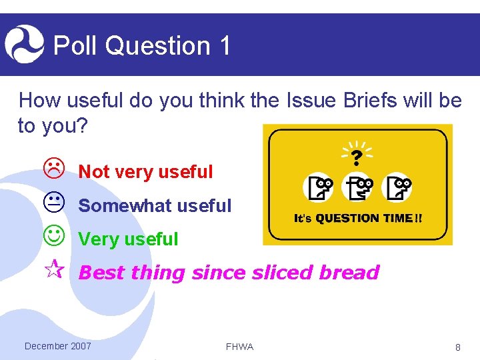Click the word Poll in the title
click(x=75, y=45)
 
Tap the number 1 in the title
click(x=224, y=45)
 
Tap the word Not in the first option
click(x=94, y=172)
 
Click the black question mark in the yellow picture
click(x=357, y=157)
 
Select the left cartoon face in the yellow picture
click(x=318, y=187)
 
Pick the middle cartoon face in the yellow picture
click(x=357, y=187)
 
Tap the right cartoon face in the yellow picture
click(x=397, y=187)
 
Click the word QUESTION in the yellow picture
click(x=347, y=218)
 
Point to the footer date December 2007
click(x=58, y=345)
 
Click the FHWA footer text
click(x=239, y=347)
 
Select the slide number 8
click(x=458, y=347)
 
